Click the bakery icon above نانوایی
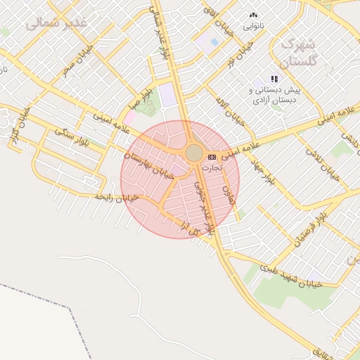pos(253,14)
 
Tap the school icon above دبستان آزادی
pos(274,79)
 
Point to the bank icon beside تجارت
pos(212,157)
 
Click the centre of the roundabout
pos(194,153)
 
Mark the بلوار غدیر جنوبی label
pos(204,200)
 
